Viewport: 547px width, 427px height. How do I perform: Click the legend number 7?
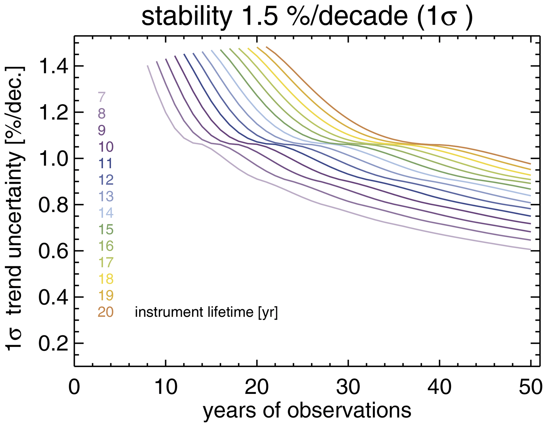point(102,97)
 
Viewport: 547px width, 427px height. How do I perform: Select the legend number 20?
point(106,312)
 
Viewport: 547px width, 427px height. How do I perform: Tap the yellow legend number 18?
point(106,279)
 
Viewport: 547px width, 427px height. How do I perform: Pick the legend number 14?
point(106,213)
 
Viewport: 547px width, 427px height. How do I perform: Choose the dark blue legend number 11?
point(106,163)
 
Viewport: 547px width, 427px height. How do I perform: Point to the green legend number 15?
point(106,229)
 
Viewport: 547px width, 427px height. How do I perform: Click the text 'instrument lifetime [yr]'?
point(206,313)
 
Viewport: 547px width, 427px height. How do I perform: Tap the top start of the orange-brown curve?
point(266,47)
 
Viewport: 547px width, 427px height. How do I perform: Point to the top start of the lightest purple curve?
point(147,65)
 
